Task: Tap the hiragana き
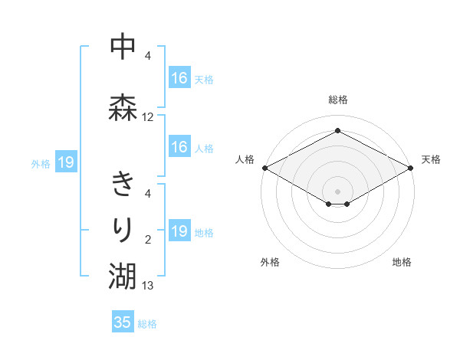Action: [123, 184]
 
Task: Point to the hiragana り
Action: [123, 228]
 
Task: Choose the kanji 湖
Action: [123, 274]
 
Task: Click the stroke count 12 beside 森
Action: [148, 117]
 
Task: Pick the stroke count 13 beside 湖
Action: [148, 286]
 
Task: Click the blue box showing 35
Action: [123, 322]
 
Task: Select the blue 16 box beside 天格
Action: [179, 78]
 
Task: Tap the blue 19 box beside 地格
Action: [179, 231]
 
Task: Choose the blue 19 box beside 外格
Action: [66, 162]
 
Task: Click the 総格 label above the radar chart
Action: [337, 100]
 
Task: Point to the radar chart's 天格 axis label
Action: [431, 159]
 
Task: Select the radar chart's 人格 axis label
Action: [245, 159]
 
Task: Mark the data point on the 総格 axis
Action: [337, 131]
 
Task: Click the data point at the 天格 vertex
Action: [411, 168]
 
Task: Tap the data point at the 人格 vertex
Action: [264, 168]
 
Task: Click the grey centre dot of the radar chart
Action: [337, 191]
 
